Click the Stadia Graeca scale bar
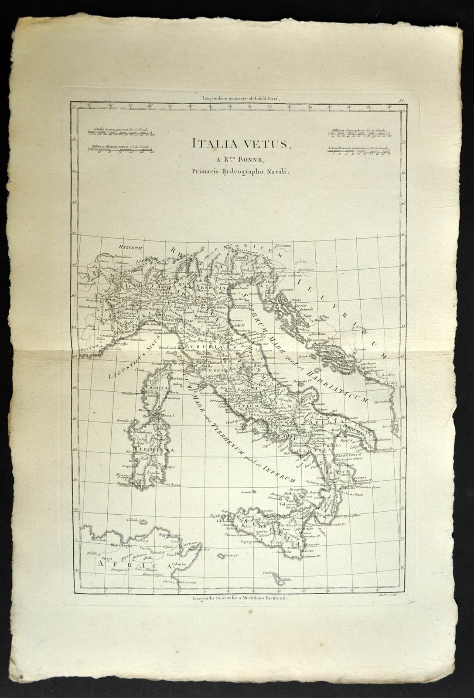123,132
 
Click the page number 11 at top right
402,100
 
